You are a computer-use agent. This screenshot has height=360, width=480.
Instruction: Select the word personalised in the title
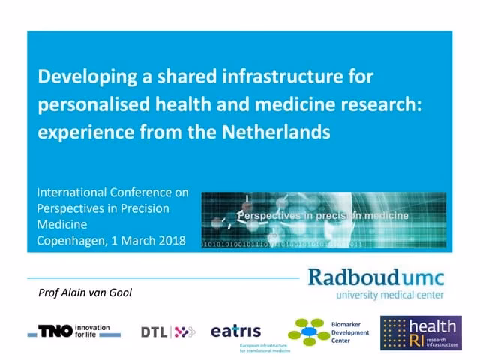pos(87,105)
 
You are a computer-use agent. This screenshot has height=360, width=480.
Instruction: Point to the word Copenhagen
pos(70,241)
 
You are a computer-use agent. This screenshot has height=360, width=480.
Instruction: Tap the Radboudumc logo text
pos(376,277)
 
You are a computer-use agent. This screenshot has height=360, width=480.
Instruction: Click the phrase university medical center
pos(389,295)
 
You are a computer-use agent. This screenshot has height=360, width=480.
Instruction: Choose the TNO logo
pos(55,331)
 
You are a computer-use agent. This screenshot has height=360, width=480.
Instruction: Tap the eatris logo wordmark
pos(235,331)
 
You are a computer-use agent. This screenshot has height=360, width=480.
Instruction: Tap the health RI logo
pos(420,332)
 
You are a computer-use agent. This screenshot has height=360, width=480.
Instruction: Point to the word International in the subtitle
pos(72,193)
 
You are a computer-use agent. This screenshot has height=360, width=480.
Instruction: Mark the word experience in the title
pos(79,133)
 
